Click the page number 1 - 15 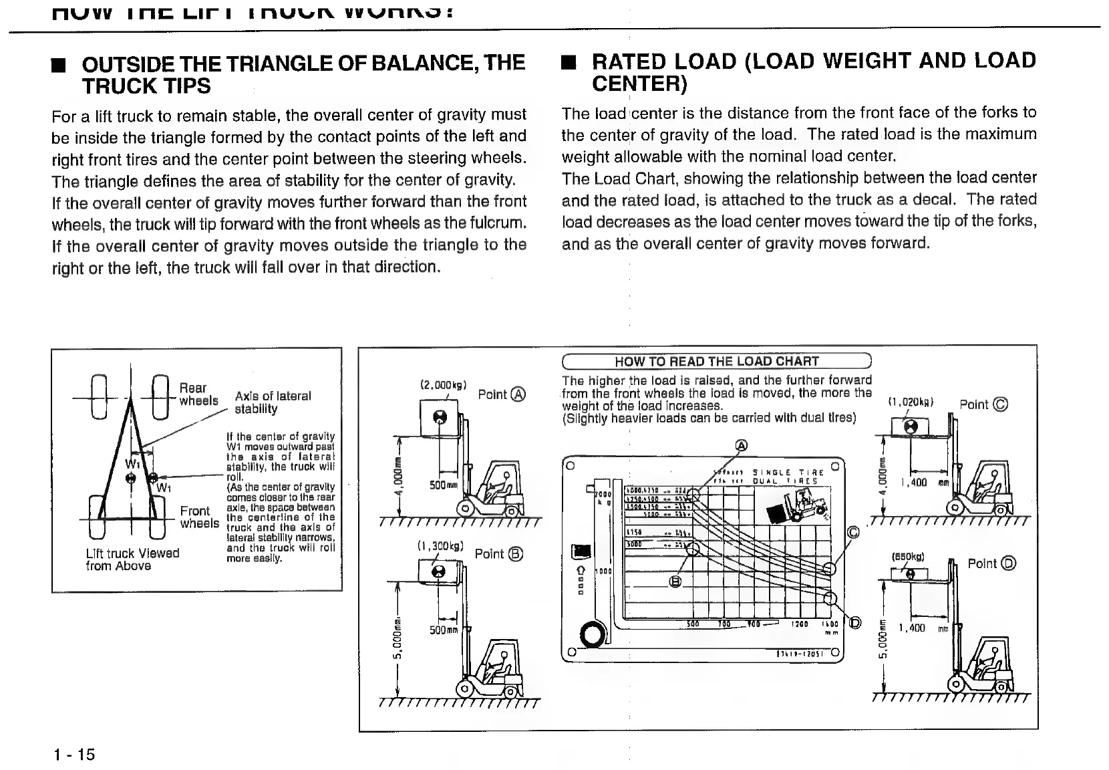click(x=74, y=755)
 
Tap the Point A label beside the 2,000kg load click(x=502, y=394)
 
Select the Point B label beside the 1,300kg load click(x=498, y=554)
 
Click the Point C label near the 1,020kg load click(x=983, y=404)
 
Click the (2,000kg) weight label click(x=443, y=385)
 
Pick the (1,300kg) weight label click(x=440, y=545)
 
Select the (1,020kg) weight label click(x=910, y=402)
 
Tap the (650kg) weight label click(x=908, y=556)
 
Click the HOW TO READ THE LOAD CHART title click(x=716, y=362)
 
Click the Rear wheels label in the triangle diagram click(x=198, y=394)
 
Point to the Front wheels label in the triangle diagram click(x=199, y=517)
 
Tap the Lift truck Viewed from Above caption click(x=132, y=559)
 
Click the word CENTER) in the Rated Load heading click(x=639, y=84)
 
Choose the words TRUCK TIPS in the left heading click(x=146, y=86)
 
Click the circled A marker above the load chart click(x=741, y=446)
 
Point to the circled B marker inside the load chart click(x=675, y=581)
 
